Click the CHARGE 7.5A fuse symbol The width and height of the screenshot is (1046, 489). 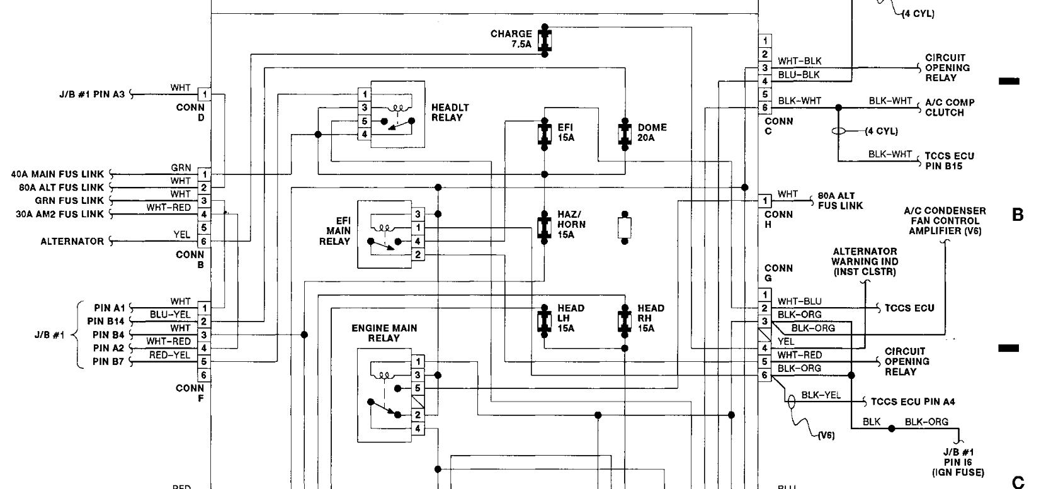[545, 40]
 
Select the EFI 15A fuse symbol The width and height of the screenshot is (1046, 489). [545, 133]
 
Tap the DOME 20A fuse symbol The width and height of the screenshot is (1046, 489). [625, 133]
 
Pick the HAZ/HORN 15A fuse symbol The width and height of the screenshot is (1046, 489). [545, 227]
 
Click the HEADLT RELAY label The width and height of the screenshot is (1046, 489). [450, 113]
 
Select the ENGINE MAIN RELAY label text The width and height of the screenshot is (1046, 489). [384, 333]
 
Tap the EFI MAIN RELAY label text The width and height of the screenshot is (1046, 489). [337, 231]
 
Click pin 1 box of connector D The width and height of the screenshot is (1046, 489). [204, 94]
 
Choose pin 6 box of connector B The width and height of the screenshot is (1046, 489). [204, 241]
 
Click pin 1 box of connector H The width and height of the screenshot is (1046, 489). [765, 201]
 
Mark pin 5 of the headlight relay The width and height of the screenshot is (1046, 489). [365, 121]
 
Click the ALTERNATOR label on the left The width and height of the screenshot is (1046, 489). [72, 241]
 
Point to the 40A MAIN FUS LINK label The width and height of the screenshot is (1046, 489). [57, 174]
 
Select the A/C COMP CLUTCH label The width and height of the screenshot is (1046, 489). [950, 108]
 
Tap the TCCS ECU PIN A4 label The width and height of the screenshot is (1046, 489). [913, 402]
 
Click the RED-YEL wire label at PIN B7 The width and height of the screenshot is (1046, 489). [169, 355]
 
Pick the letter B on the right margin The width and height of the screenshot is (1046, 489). [1018, 215]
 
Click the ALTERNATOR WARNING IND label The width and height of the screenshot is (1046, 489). [865, 261]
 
